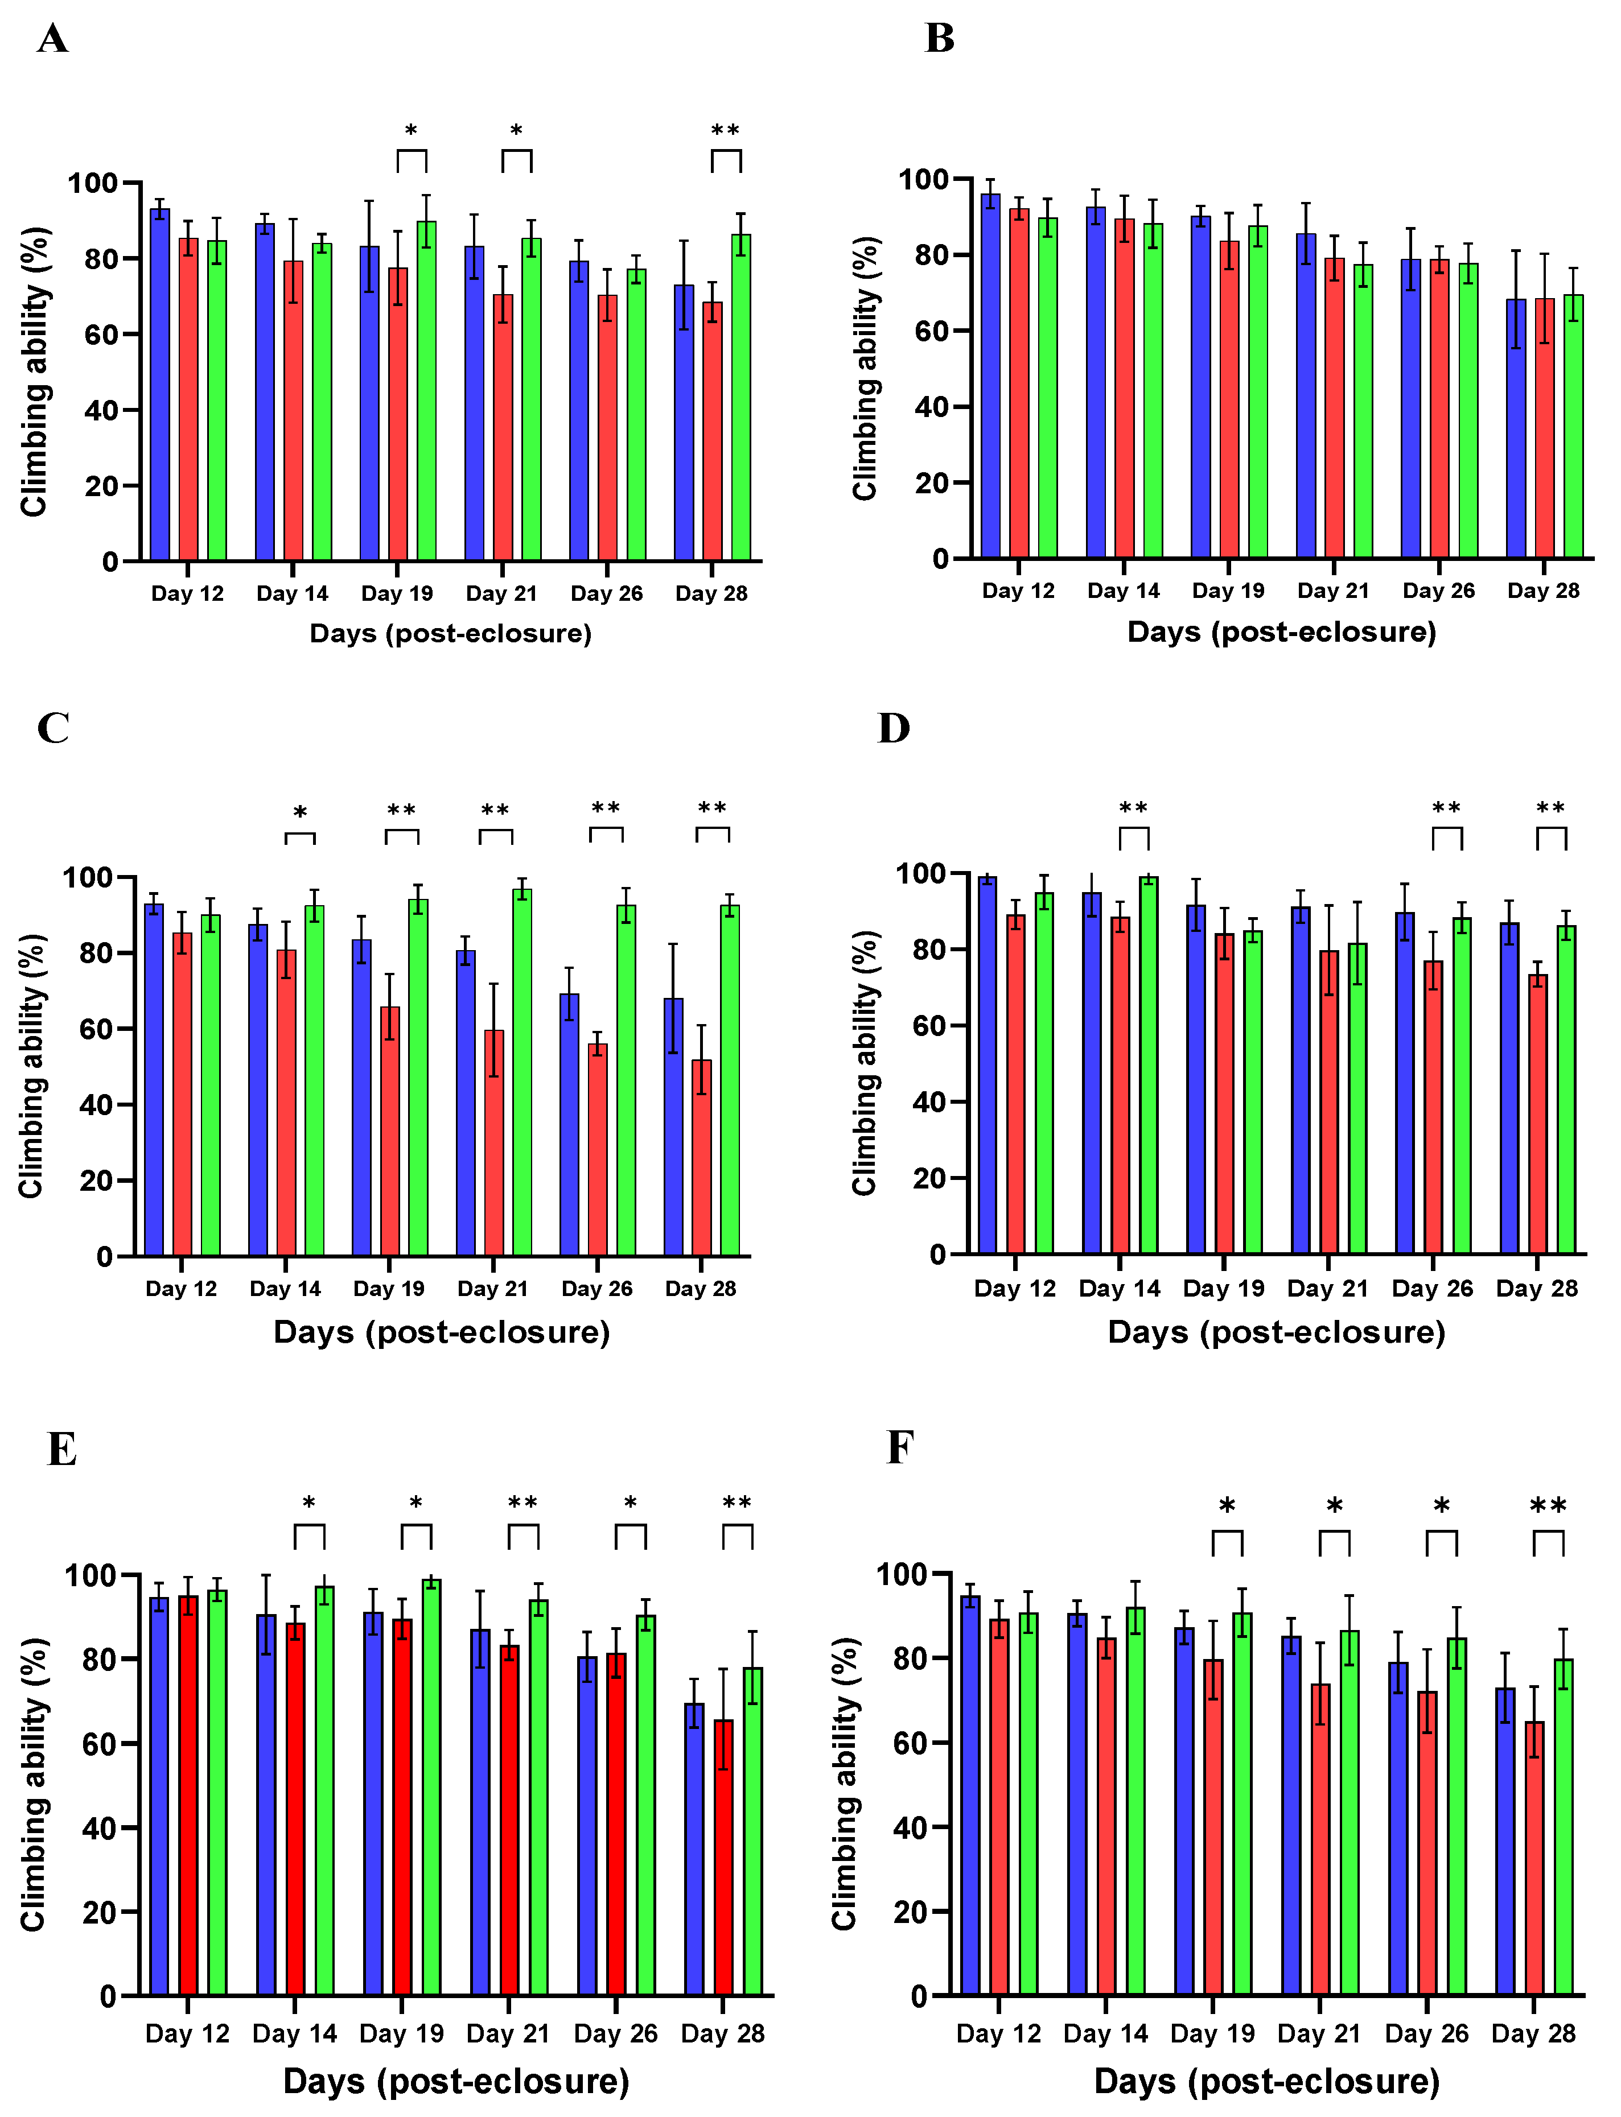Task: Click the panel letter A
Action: [x=52, y=39]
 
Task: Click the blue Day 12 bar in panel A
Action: [x=159, y=386]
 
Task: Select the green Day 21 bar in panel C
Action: [x=522, y=1071]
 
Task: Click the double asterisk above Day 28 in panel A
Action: [x=726, y=130]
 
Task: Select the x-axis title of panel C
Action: [x=441, y=1332]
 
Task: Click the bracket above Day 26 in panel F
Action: [x=1442, y=1541]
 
